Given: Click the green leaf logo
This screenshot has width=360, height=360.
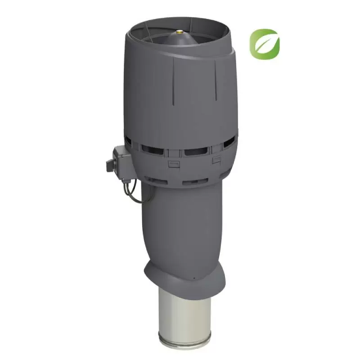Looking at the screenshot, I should pyautogui.click(x=265, y=45).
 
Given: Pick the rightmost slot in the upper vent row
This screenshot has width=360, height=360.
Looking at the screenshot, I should pyautogui.click(x=228, y=143).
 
